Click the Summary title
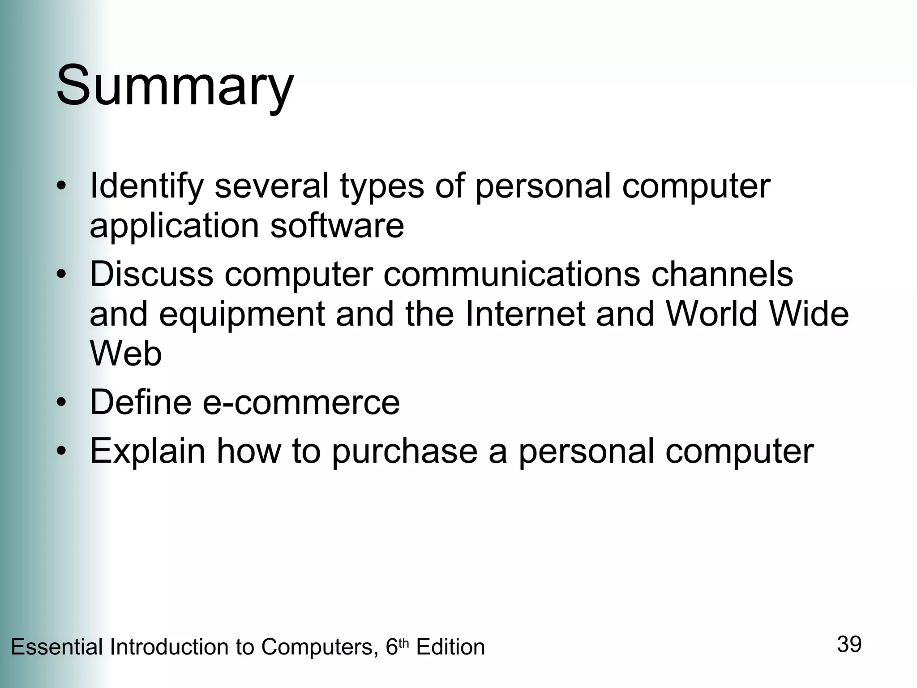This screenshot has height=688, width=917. pyautogui.click(x=175, y=86)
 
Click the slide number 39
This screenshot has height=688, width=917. pyautogui.click(x=849, y=645)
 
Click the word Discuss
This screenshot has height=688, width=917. pyautogui.click(x=151, y=274)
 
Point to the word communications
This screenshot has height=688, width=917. pyautogui.click(x=511, y=274)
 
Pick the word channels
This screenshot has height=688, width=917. pyautogui.click(x=722, y=274)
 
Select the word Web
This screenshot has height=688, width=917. pyautogui.click(x=126, y=353)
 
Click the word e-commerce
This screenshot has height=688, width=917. pyautogui.click(x=301, y=402)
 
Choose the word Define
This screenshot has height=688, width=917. pyautogui.click(x=141, y=402)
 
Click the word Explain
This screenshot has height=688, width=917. pyautogui.click(x=147, y=451)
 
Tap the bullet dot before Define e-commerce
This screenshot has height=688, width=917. pyautogui.click(x=61, y=402)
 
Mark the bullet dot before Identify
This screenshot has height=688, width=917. pyautogui.click(x=61, y=186)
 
